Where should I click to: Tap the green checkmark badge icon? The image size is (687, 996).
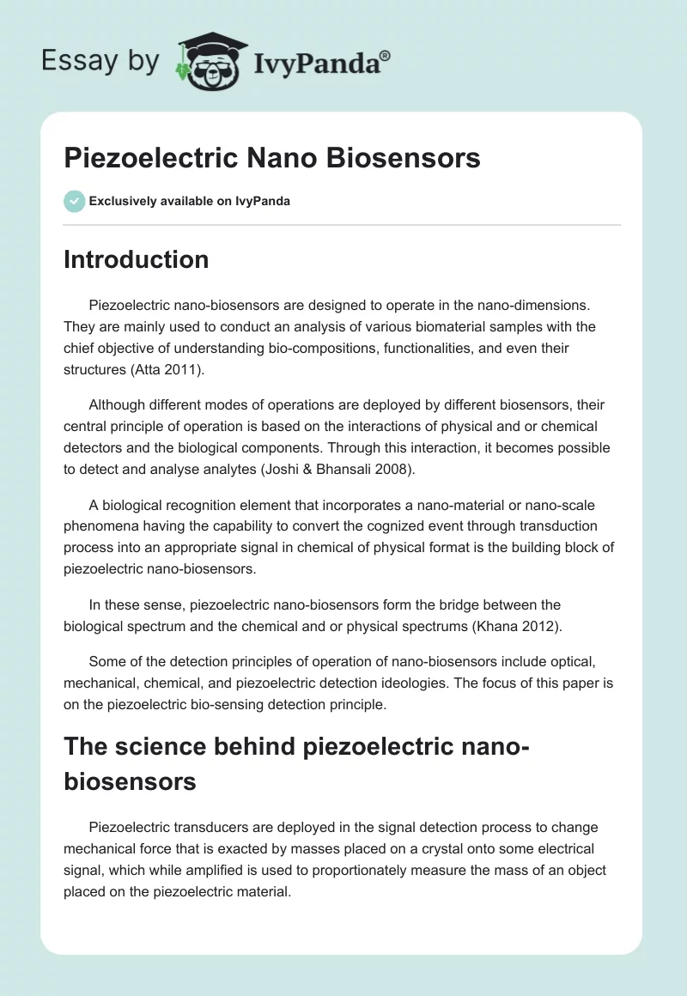pyautogui.click(x=74, y=201)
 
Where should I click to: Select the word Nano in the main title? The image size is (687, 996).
pyautogui.click(x=285, y=158)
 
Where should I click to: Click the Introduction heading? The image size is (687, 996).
pyautogui.click(x=136, y=259)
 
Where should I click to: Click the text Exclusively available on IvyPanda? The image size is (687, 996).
pyautogui.click(x=189, y=201)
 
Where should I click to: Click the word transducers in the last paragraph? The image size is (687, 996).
pyautogui.click(x=209, y=828)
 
